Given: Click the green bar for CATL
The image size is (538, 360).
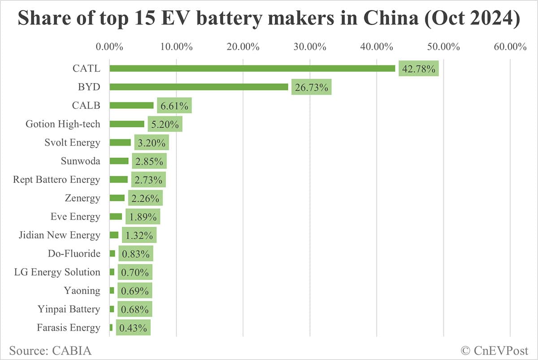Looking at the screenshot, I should tap(252, 69).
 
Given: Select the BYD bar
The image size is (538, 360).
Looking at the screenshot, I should tap(199, 87).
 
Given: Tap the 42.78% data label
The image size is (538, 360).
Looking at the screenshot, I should tap(419, 69).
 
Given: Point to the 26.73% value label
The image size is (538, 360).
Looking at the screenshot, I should tap(312, 87).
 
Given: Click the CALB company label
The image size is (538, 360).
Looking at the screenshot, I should tap(86, 105).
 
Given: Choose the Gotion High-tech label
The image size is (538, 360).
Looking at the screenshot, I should tap(63, 124).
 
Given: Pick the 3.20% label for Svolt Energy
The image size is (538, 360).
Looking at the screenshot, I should tap(152, 143).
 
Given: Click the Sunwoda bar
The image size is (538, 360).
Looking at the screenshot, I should tap(119, 161).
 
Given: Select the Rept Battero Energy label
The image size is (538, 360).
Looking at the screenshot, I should tap(56, 180).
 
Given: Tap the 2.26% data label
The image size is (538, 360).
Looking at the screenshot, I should tap(145, 198).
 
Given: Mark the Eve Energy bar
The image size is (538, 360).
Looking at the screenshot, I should tap(116, 217).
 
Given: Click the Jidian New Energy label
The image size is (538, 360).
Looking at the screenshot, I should tap(60, 235).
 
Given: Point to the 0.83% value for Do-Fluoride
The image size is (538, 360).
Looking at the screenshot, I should tap(136, 254).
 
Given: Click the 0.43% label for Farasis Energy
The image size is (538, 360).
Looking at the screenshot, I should tap(133, 328).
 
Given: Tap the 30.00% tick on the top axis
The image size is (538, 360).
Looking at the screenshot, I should tap(310, 47).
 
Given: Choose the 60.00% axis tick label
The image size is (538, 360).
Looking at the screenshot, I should tap(510, 47).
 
